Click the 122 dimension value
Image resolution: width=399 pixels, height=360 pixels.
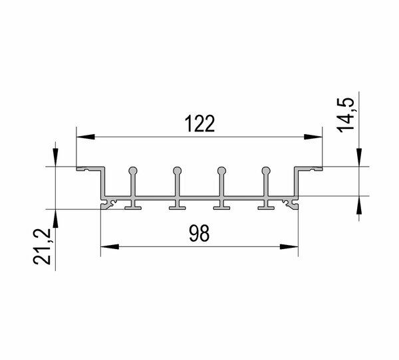[x=199, y=124]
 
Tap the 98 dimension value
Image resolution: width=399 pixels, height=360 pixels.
[x=199, y=233]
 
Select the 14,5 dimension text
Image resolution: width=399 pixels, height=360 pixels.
[x=346, y=115]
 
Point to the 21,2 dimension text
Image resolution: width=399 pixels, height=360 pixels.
[x=43, y=247]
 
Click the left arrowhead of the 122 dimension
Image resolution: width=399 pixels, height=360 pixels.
[x=86, y=137]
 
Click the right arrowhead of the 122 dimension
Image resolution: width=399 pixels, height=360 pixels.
[x=313, y=137]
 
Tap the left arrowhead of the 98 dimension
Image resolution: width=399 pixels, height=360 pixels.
[x=110, y=246]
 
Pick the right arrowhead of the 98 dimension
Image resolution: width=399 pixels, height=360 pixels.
[x=289, y=246]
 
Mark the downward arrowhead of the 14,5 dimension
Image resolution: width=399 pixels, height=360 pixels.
[x=359, y=157]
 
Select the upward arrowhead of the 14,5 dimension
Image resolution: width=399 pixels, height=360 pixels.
[x=359, y=205]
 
